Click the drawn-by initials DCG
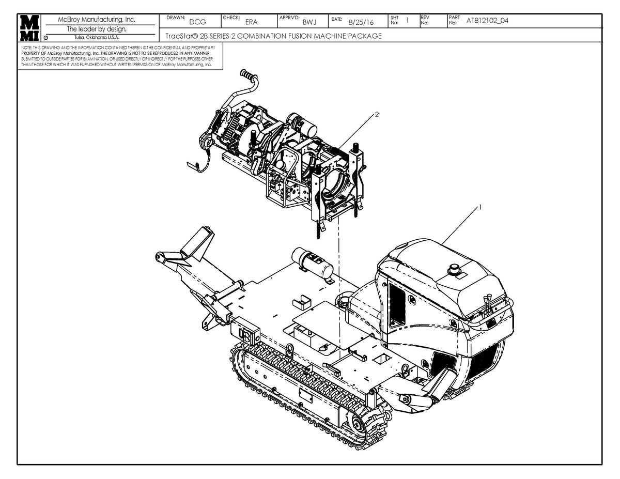click(197, 22)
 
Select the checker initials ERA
click(251, 22)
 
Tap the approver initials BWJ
click(309, 22)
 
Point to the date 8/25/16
click(361, 22)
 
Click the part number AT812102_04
click(487, 21)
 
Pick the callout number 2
click(377, 115)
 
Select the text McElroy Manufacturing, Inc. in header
click(100, 20)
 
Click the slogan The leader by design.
click(100, 29)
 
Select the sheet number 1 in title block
click(407, 20)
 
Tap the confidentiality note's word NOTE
click(26, 47)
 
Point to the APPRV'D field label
click(289, 18)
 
